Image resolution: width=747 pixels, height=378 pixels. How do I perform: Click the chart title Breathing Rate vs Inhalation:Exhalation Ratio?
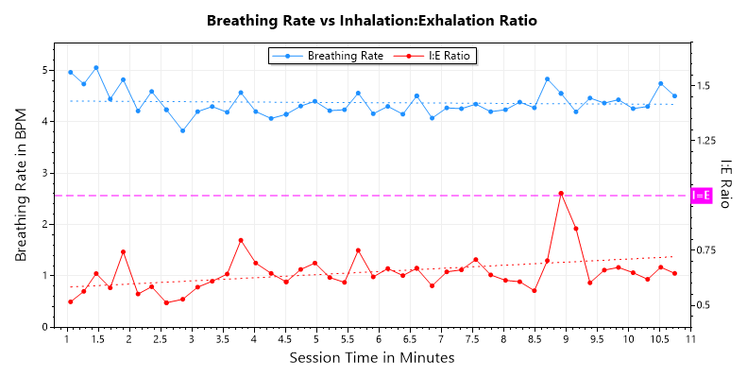tap(373, 20)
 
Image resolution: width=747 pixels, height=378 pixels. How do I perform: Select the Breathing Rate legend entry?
tap(327, 56)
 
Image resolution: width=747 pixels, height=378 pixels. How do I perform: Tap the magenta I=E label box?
tap(702, 196)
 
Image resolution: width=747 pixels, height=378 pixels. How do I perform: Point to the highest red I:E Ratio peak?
tap(561, 193)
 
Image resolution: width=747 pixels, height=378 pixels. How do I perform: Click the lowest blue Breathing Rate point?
tap(183, 130)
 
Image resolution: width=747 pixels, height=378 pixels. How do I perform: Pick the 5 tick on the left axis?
tap(43, 70)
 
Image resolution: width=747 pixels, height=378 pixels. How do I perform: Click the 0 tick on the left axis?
tap(43, 327)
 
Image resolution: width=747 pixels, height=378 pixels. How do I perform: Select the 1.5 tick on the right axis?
tap(703, 86)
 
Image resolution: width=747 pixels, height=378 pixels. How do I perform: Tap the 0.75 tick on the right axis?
tap(705, 250)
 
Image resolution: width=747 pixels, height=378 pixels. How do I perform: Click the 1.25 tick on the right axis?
tap(705, 141)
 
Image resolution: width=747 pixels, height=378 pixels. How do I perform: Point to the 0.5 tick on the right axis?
tap(703, 305)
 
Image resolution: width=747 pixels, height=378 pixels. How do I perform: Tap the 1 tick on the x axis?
tap(66, 339)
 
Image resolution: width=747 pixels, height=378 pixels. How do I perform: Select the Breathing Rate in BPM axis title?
tap(22, 184)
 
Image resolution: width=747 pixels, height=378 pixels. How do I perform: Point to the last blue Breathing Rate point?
tap(674, 96)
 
